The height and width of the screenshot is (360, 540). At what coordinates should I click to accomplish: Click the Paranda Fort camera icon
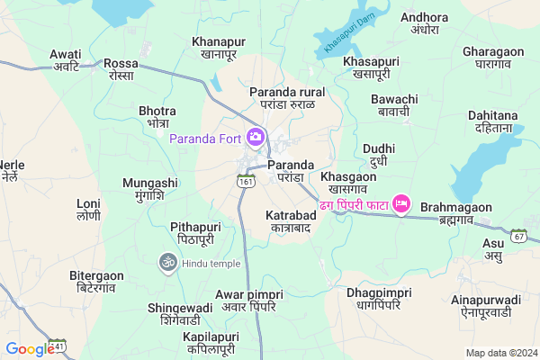(x=256, y=138)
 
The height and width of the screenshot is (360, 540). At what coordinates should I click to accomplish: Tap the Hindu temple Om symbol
(x=166, y=262)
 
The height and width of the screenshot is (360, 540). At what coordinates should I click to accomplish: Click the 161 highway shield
(x=246, y=181)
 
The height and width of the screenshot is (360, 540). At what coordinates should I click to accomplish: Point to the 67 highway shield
(x=519, y=236)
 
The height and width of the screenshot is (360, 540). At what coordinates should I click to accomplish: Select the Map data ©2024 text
(x=500, y=353)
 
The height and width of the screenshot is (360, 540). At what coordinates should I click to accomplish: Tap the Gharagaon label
(x=493, y=57)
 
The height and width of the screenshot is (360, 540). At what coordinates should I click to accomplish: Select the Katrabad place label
(x=288, y=221)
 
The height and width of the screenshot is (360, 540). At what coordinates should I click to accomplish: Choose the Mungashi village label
(x=150, y=188)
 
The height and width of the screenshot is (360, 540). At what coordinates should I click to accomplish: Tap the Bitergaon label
(x=96, y=281)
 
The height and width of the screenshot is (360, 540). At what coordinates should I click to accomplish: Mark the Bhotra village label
(x=158, y=116)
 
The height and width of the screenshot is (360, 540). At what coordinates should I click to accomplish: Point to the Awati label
(x=66, y=59)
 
